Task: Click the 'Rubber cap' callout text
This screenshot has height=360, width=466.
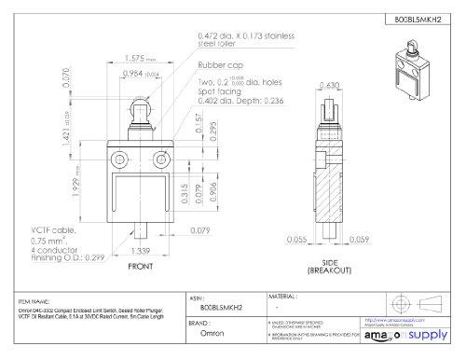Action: coord(219,66)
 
